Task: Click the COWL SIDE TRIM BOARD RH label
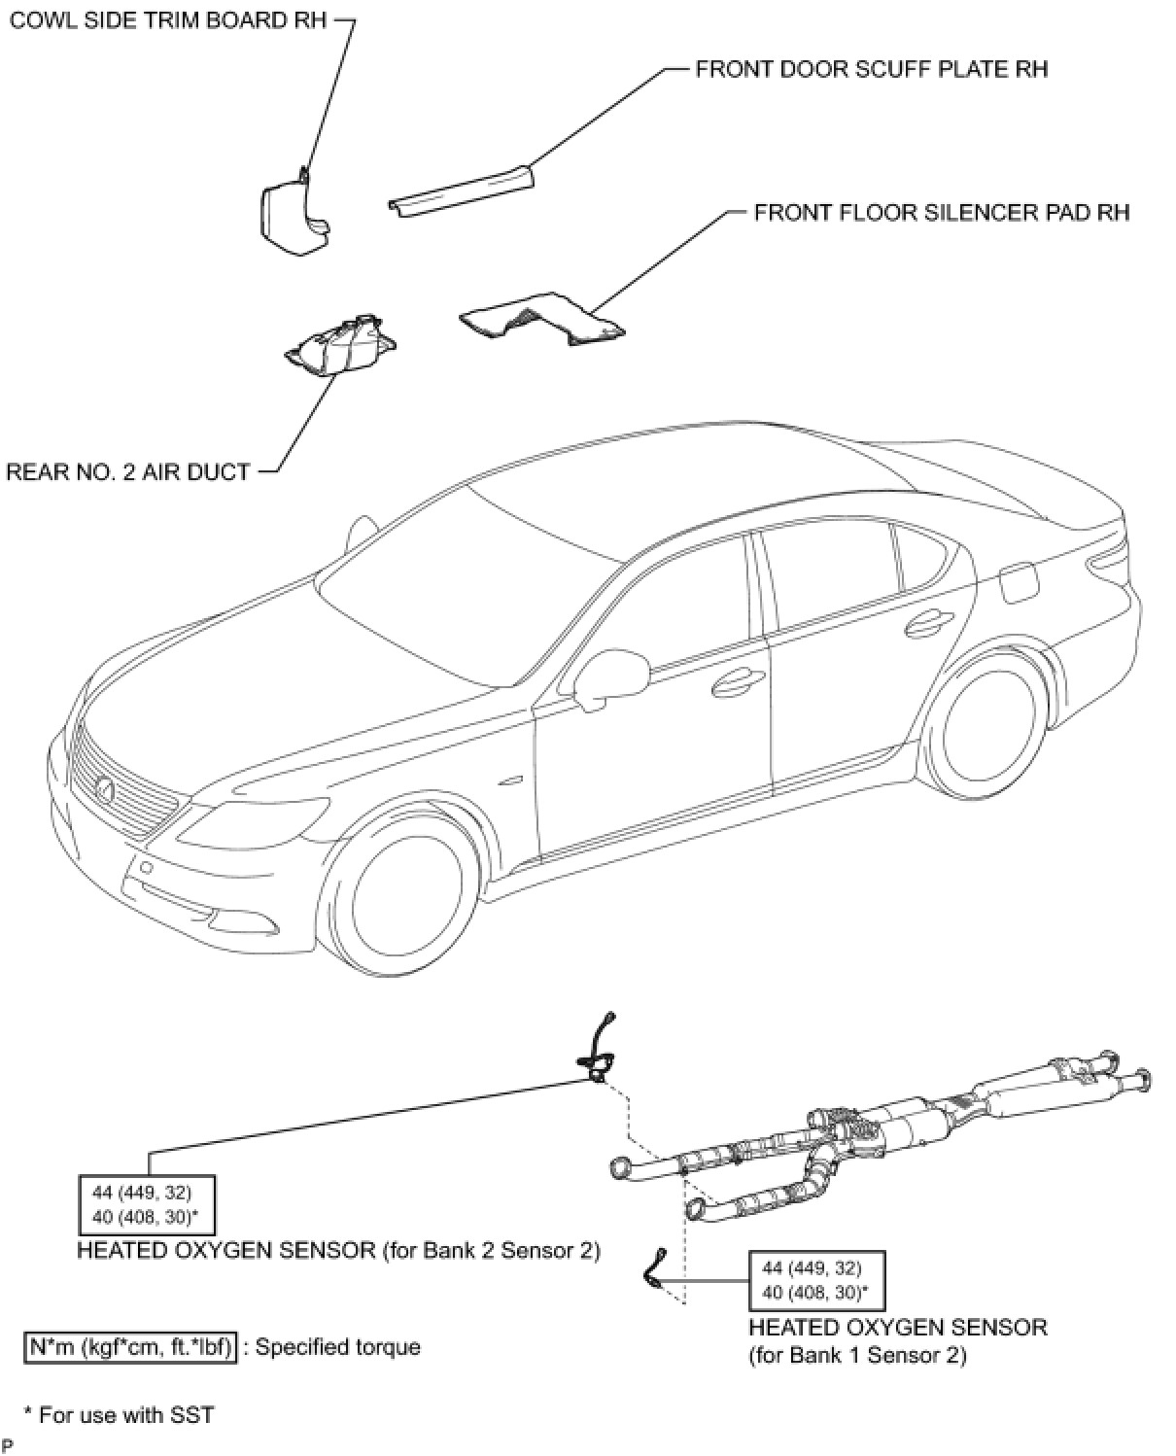[x=168, y=21]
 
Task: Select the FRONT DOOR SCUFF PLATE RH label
[x=871, y=69]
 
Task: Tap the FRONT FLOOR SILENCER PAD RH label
[x=941, y=212]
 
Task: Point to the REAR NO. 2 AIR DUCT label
[x=128, y=472]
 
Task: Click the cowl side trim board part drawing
[x=293, y=215]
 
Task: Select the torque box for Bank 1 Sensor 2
[x=815, y=1279]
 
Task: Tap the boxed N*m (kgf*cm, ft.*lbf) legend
[x=129, y=1347]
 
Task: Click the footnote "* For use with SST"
[x=118, y=1414]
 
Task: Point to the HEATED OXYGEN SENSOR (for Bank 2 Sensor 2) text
[x=338, y=1250]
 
